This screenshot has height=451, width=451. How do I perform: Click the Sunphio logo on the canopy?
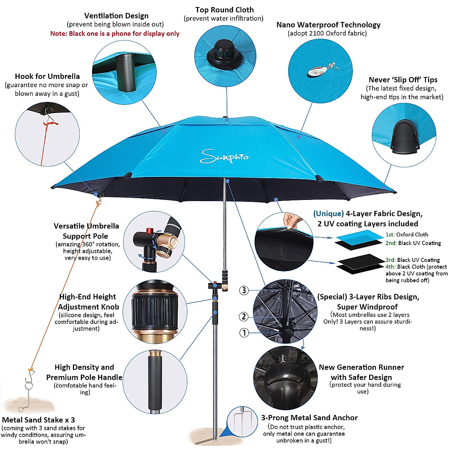pyautogui.click(x=224, y=156)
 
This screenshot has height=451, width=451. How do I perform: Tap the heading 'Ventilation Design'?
pyautogui.click(x=116, y=16)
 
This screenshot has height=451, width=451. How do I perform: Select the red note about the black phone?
pyautogui.click(x=115, y=33)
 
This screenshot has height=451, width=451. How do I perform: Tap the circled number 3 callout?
pyautogui.click(x=244, y=290)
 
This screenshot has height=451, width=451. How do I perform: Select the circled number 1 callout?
pyautogui.click(x=244, y=333)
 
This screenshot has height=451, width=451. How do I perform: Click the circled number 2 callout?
pyautogui.click(x=244, y=316)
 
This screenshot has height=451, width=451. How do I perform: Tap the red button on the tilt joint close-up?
pyautogui.click(x=150, y=230)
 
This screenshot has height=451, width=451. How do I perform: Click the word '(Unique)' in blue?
pyautogui.click(x=328, y=214)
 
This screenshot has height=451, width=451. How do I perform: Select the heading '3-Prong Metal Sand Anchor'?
pyautogui.click(x=309, y=418)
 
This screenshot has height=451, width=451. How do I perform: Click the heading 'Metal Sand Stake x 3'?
pyautogui.click(x=38, y=420)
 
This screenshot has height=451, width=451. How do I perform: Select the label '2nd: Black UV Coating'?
pyautogui.click(x=413, y=243)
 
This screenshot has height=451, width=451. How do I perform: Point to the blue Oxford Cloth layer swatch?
pyautogui.click(x=359, y=236)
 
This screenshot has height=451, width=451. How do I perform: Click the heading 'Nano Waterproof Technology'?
pyautogui.click(x=328, y=25)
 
